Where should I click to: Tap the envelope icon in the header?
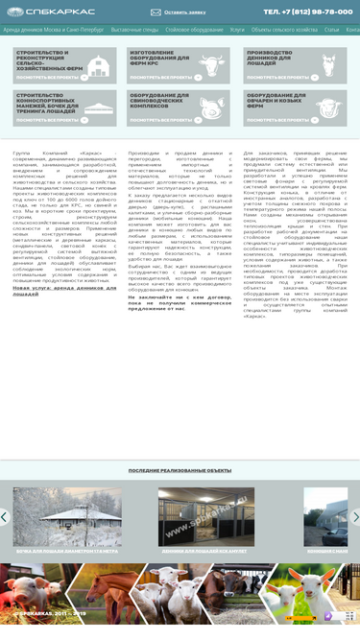pos(156,12)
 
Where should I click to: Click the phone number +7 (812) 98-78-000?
pos(307,12)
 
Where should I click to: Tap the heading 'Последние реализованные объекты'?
pos(180,470)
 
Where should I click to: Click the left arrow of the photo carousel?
pos(5,516)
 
